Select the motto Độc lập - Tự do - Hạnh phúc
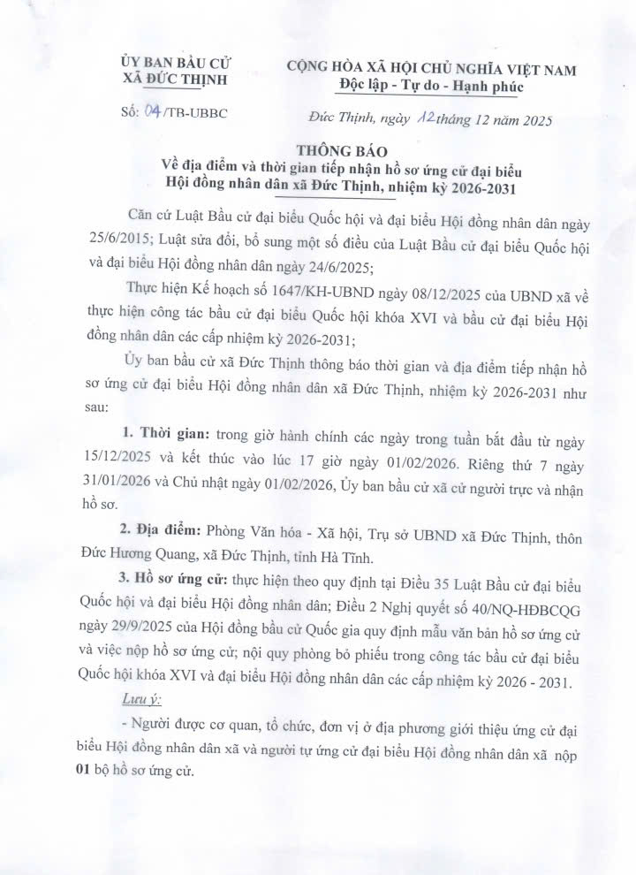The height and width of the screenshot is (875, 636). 430,87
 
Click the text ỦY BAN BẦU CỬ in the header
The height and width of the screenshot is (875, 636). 176,65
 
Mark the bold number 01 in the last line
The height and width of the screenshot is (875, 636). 84,771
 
